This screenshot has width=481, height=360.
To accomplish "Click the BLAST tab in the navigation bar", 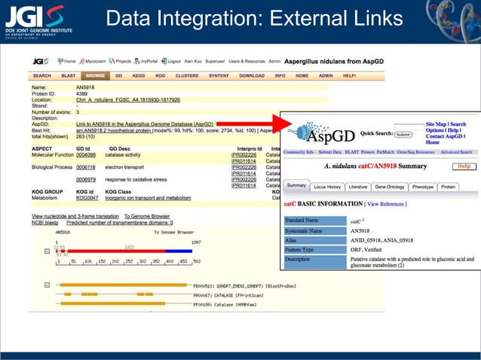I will click(x=69, y=76).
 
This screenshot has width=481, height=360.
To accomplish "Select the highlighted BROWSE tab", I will click(x=95, y=76).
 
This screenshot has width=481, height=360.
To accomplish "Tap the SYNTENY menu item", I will click(x=219, y=76).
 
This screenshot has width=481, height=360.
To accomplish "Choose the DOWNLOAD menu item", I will click(x=252, y=76).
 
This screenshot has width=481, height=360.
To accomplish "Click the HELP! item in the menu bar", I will click(x=349, y=76).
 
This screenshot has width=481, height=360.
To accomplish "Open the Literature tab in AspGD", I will click(x=358, y=186).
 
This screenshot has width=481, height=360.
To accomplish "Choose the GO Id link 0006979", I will click(x=86, y=180).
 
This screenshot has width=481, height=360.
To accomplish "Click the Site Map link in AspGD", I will click(x=435, y=124).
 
